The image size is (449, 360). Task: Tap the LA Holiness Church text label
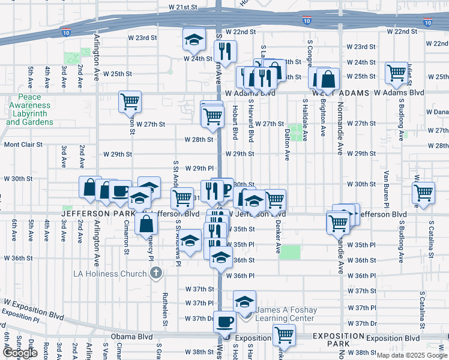(110, 274)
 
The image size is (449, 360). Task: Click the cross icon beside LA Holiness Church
(155, 274)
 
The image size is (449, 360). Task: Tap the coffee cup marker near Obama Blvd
(225, 321)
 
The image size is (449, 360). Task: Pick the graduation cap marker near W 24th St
(194, 40)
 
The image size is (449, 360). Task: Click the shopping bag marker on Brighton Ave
(328, 79)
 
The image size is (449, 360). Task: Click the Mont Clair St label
(23, 145)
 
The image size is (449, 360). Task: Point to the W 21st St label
(182, 7)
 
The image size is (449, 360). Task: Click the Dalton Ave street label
(288, 145)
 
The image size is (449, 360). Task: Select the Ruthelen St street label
(164, 310)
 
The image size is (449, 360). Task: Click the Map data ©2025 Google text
(412, 355)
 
